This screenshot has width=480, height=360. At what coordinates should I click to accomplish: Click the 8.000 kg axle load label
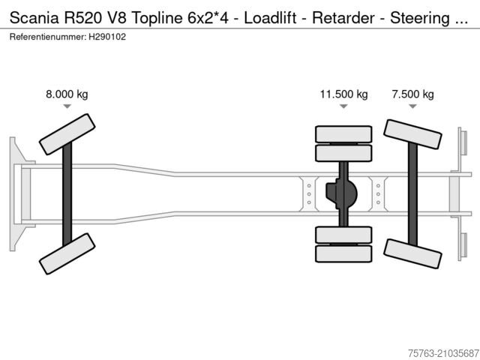[67, 94]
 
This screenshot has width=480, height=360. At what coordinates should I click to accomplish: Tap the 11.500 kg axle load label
[343, 94]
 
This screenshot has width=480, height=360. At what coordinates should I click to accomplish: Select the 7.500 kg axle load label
[412, 94]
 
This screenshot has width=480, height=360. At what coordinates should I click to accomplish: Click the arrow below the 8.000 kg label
[67, 106]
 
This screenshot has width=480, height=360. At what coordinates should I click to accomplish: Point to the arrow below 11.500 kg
[343, 106]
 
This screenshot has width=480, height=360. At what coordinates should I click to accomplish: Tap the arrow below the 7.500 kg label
[412, 106]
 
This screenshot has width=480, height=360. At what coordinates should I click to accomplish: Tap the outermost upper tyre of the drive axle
[343, 134]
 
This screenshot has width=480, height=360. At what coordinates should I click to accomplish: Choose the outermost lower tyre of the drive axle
[343, 253]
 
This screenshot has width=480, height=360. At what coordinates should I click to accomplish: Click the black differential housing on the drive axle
[342, 194]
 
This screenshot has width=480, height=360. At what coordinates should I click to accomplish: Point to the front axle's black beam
[67, 193]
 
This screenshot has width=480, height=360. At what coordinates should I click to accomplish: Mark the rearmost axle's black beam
[412, 193]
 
